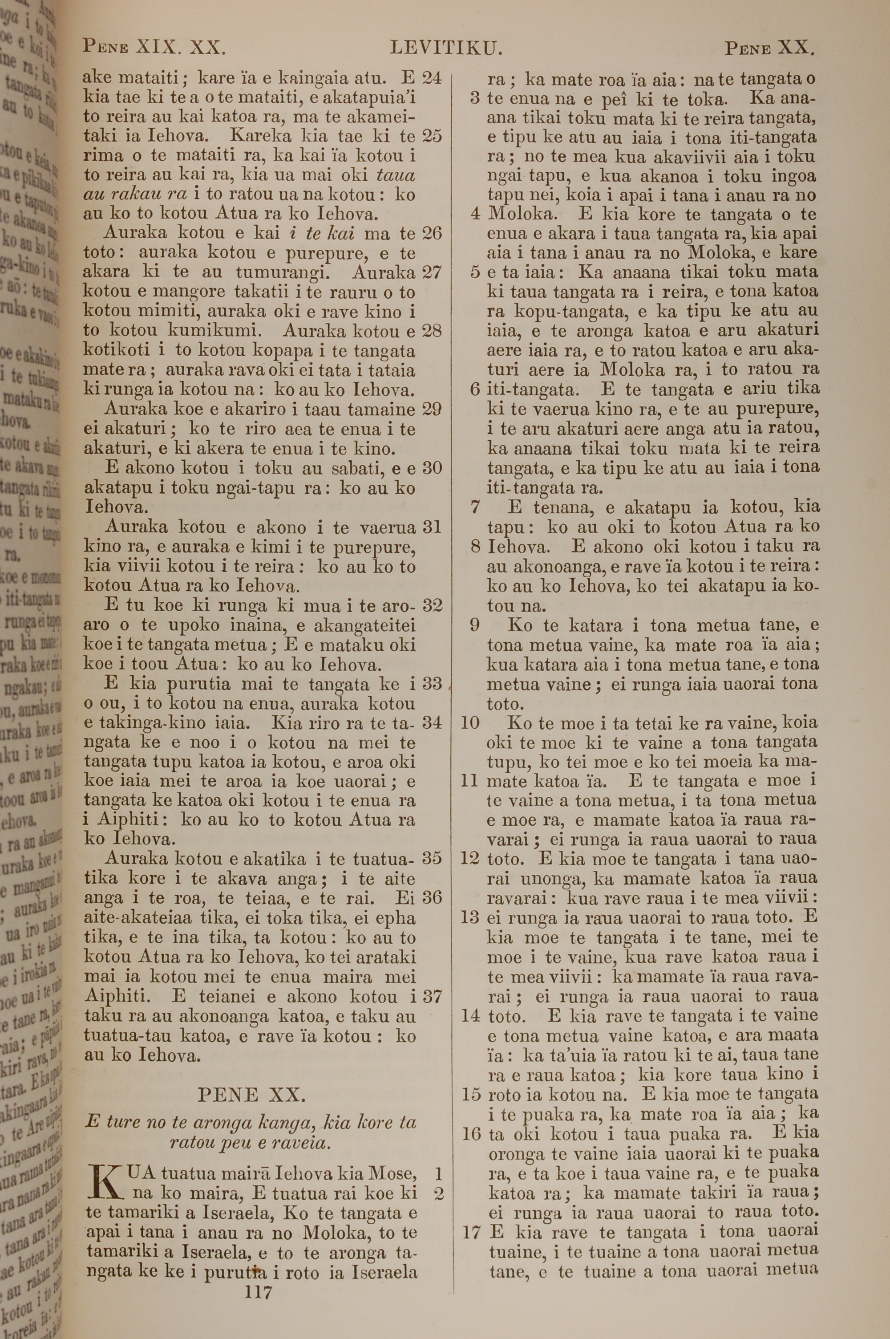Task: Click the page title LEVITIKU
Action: [446, 48]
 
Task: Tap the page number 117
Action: [258, 1277]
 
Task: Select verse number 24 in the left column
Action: [432, 78]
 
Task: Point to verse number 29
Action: [432, 409]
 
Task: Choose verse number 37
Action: [432, 996]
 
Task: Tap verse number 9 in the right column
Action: [474, 625]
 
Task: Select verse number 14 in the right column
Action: [470, 1015]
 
